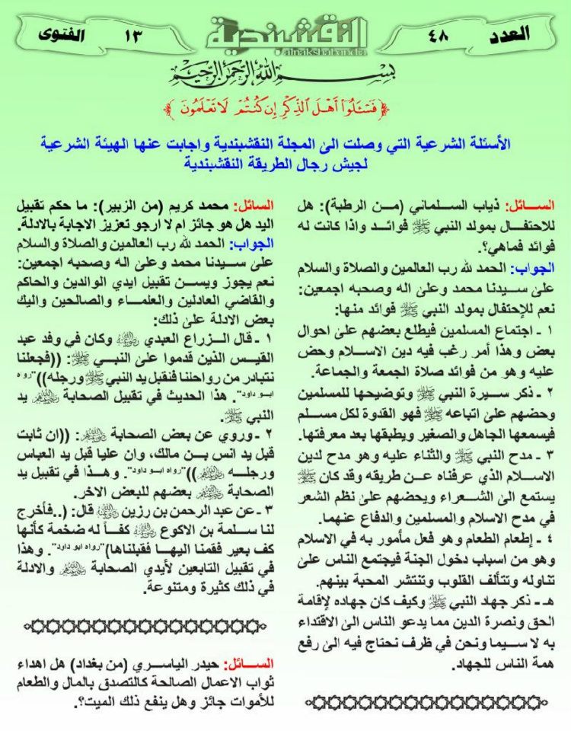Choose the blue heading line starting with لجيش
[285, 161]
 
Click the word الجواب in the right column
[533, 268]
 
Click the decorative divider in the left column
[145, 626]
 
